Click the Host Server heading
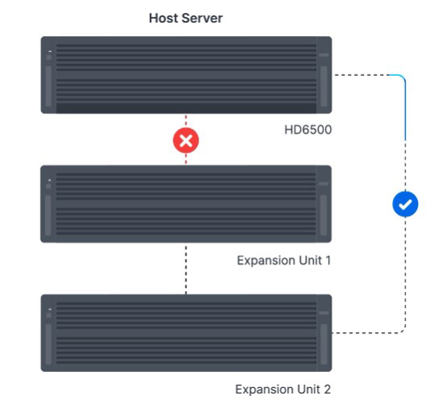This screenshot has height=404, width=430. pyautogui.click(x=186, y=19)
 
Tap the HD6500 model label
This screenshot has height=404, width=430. pyautogui.click(x=308, y=130)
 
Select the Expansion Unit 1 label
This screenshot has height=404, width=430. pyautogui.click(x=284, y=260)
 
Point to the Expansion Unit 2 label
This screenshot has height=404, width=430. pyautogui.click(x=283, y=389)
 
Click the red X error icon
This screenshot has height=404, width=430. pyautogui.click(x=186, y=140)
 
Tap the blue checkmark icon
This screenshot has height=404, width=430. pyautogui.click(x=405, y=204)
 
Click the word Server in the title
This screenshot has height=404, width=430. pyautogui.click(x=202, y=19)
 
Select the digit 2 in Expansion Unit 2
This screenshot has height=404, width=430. pyautogui.click(x=328, y=389)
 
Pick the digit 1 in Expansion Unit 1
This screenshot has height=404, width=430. pyautogui.click(x=328, y=260)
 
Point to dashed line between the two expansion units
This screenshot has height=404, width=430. pyautogui.click(x=186, y=270)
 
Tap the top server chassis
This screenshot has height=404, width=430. pyautogui.click(x=186, y=75)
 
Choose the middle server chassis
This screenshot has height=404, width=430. pyautogui.click(x=186, y=204)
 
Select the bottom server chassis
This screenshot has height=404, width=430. pyautogui.click(x=186, y=333)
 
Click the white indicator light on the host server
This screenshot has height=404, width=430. pyautogui.click(x=50, y=51)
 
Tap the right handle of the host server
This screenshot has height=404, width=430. pyautogui.click(x=324, y=86)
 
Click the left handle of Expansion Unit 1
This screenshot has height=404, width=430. pyautogui.click(x=48, y=215)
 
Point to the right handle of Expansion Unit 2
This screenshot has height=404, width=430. pyautogui.click(x=324, y=344)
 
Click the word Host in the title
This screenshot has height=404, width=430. pyautogui.click(x=164, y=19)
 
